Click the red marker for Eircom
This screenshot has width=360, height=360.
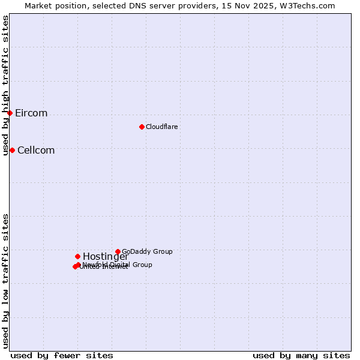pos(10,113)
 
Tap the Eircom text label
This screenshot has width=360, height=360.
pos(31,113)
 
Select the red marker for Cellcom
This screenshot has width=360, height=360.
pos(12,150)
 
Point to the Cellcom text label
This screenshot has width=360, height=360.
pos(36,151)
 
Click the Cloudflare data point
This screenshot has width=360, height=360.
pos(142,127)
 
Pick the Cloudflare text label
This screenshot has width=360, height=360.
pos(161,127)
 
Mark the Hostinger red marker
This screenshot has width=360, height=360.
pos(77,256)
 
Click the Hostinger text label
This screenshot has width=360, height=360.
pos(106,257)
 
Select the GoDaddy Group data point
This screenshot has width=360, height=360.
pos(118,251)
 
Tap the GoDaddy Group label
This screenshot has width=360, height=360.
pos(147,252)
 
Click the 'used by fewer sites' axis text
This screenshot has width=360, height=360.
pos(62,355)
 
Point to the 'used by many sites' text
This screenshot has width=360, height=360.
pos(301,355)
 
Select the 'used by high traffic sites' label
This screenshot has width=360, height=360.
pos(6,85)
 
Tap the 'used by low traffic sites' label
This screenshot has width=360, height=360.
pos(6,280)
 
